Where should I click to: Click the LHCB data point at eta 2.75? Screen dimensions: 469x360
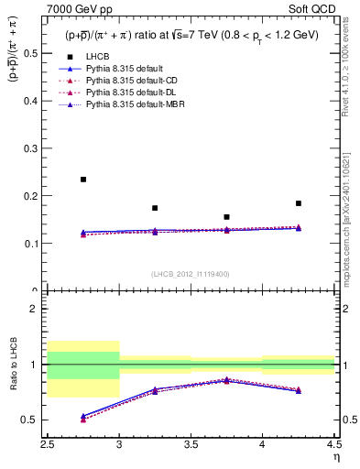(x=83, y=180)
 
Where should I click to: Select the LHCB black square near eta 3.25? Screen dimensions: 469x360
(x=155, y=208)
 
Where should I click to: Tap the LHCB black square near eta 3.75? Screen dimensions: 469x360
(x=226, y=217)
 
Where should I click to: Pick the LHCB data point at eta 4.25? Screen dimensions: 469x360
(x=299, y=203)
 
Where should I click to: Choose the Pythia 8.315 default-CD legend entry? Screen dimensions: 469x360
(x=132, y=81)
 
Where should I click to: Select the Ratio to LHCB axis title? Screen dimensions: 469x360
(x=13, y=365)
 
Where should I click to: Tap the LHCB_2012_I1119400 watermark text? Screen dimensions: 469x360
(x=191, y=274)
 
